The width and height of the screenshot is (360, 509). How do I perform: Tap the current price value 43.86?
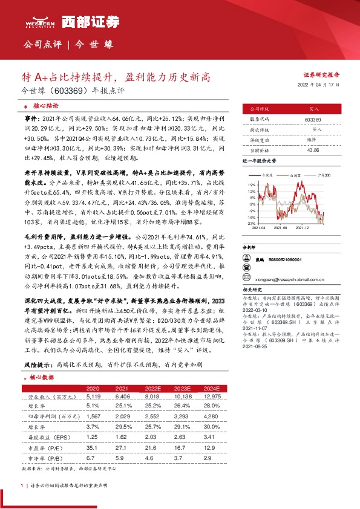click(x=313, y=149)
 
